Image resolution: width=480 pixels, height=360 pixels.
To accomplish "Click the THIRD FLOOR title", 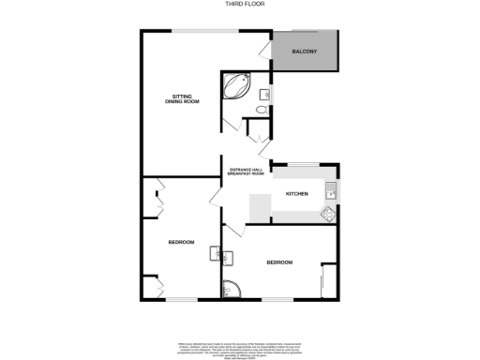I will (x=239, y=5).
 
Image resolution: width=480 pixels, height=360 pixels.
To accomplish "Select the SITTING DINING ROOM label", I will (x=185, y=97).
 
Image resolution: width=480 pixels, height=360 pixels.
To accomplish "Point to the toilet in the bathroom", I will (x=259, y=110).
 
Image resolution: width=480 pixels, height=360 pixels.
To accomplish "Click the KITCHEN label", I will (x=297, y=193).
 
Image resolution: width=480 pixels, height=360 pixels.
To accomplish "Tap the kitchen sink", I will (x=331, y=192).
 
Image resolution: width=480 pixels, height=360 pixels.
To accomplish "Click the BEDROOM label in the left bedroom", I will (x=181, y=242).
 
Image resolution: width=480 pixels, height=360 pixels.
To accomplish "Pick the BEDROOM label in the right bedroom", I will (x=279, y=262).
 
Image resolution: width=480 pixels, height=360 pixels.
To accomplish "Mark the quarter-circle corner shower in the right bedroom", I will (x=231, y=292).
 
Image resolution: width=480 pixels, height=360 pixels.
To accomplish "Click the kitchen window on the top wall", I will (x=304, y=164).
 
